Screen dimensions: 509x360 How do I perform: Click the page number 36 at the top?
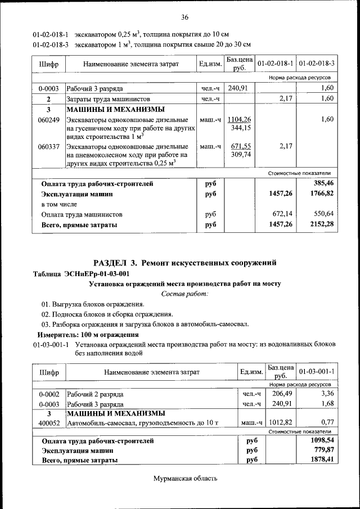click(184, 17)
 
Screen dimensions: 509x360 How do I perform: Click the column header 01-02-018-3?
click(317, 64)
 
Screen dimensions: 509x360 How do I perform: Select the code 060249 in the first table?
click(49, 120)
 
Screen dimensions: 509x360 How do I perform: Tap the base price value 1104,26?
click(239, 119)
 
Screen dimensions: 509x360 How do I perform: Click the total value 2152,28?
click(321, 224)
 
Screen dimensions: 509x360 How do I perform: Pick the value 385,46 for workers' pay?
click(323, 183)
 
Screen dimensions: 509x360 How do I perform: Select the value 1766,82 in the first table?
click(321, 193)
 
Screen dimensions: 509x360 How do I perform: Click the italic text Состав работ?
click(184, 294)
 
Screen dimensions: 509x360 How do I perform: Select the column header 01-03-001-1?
click(317, 372)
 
